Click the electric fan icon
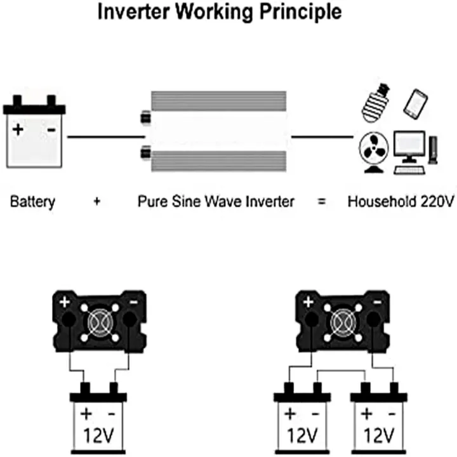point(373,150)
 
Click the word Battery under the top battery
point(32,202)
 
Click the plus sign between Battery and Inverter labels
point(96,202)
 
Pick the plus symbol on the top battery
point(18,129)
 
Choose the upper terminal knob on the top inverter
point(145,117)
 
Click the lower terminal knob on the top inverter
point(145,152)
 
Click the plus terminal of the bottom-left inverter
point(64,302)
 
